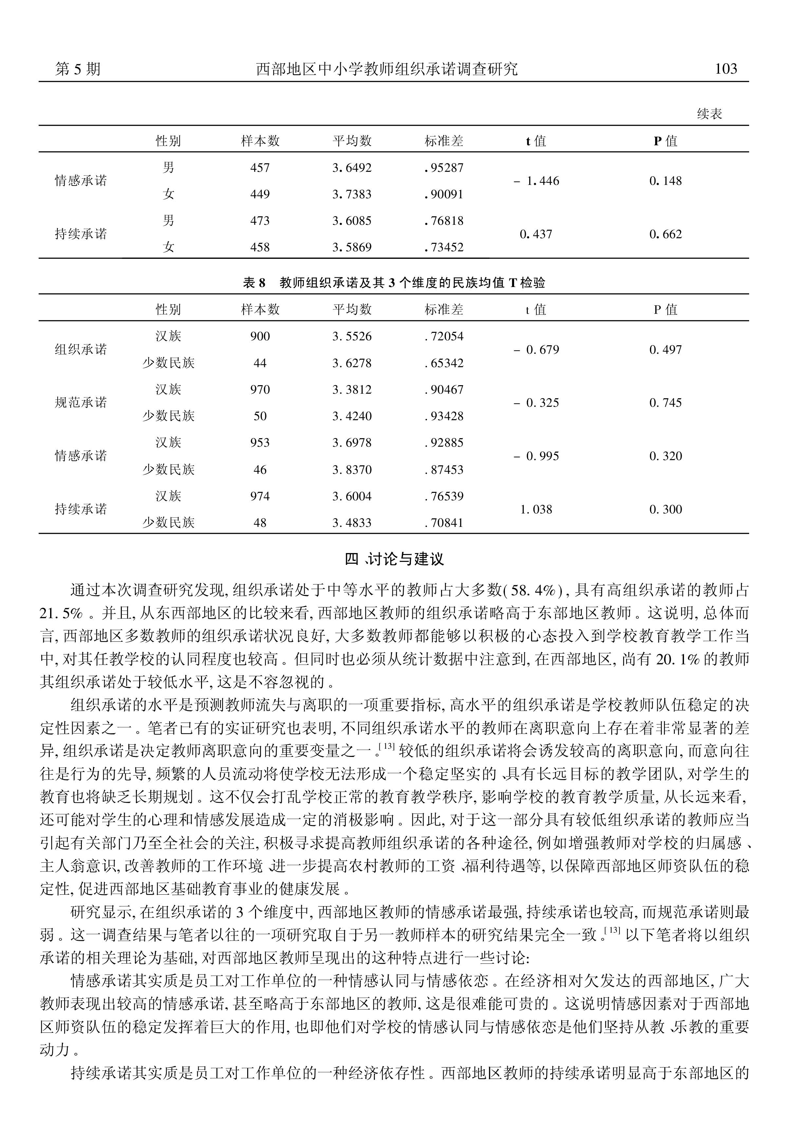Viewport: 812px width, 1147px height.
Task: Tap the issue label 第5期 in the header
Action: [x=78, y=69]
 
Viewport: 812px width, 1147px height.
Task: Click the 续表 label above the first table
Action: [x=710, y=114]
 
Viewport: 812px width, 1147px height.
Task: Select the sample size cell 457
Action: [x=260, y=168]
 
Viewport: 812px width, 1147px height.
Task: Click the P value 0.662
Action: [x=666, y=234]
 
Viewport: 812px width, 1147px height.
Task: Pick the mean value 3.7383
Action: [x=352, y=194]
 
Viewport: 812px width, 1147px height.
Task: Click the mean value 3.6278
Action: [x=352, y=363]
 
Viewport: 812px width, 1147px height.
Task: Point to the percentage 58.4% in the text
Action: [x=534, y=591]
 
